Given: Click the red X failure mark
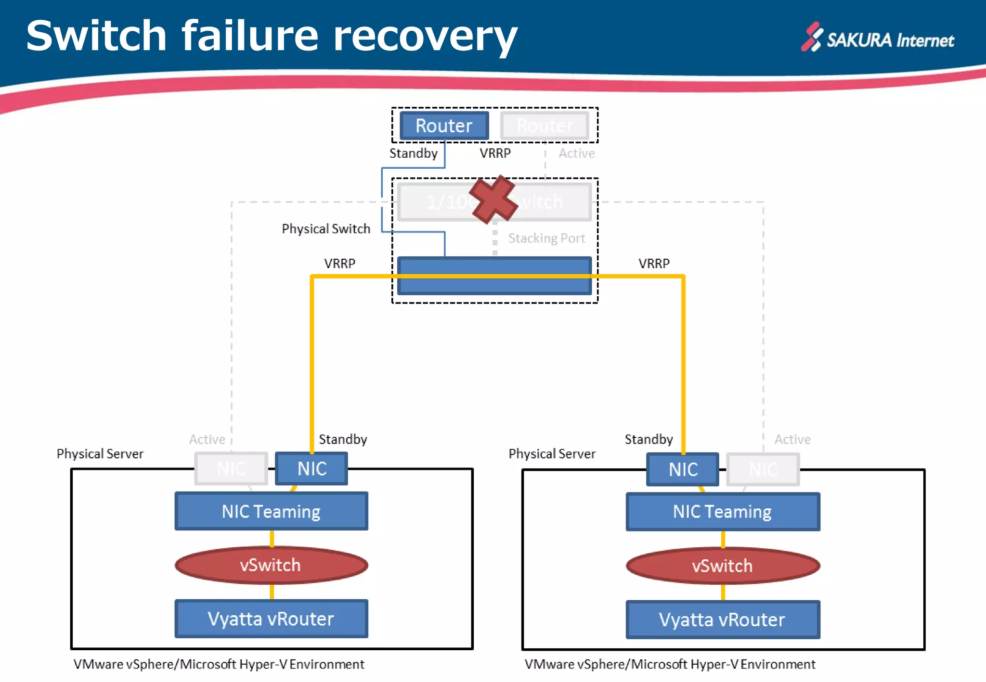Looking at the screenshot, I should (493, 200).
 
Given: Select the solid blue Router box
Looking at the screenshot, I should (444, 126).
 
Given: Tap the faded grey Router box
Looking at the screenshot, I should (545, 126).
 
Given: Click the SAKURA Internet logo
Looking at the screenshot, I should (878, 38).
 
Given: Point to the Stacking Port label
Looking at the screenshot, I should (546, 238).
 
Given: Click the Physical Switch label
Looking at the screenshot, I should (326, 228).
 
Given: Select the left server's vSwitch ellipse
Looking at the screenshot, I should (271, 565).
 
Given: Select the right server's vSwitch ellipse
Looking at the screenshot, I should (722, 566).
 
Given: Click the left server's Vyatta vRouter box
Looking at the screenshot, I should (271, 619).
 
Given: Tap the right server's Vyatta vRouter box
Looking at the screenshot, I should (722, 619).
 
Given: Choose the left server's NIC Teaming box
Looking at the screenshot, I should (271, 511).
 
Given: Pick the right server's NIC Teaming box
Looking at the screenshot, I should (722, 512).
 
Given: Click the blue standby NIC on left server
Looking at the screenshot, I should (311, 468).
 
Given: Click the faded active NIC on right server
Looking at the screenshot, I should (763, 469).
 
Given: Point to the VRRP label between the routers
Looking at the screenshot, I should (495, 153).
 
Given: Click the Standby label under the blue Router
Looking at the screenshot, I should (413, 153).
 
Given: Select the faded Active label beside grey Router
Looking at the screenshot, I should (576, 153).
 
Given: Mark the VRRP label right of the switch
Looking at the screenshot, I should (654, 263).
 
